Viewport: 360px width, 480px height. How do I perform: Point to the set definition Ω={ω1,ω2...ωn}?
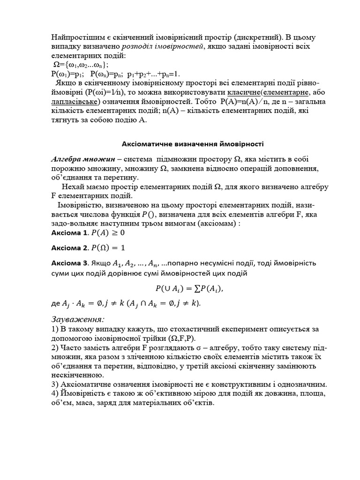82,65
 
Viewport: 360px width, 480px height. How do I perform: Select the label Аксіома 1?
68,233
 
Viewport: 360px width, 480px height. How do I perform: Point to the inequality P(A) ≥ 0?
108,233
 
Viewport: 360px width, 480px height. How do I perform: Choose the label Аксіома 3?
69,263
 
